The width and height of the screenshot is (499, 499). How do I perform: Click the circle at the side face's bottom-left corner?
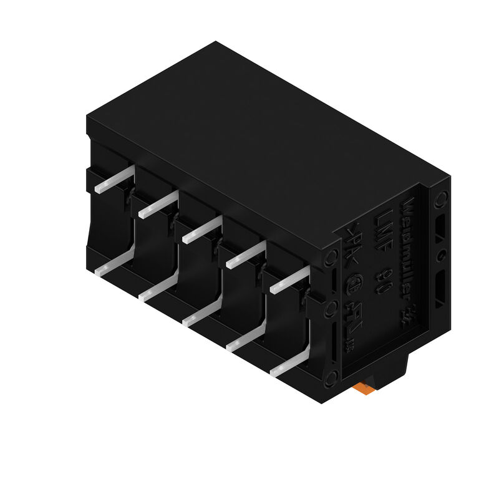(x=331, y=375)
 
